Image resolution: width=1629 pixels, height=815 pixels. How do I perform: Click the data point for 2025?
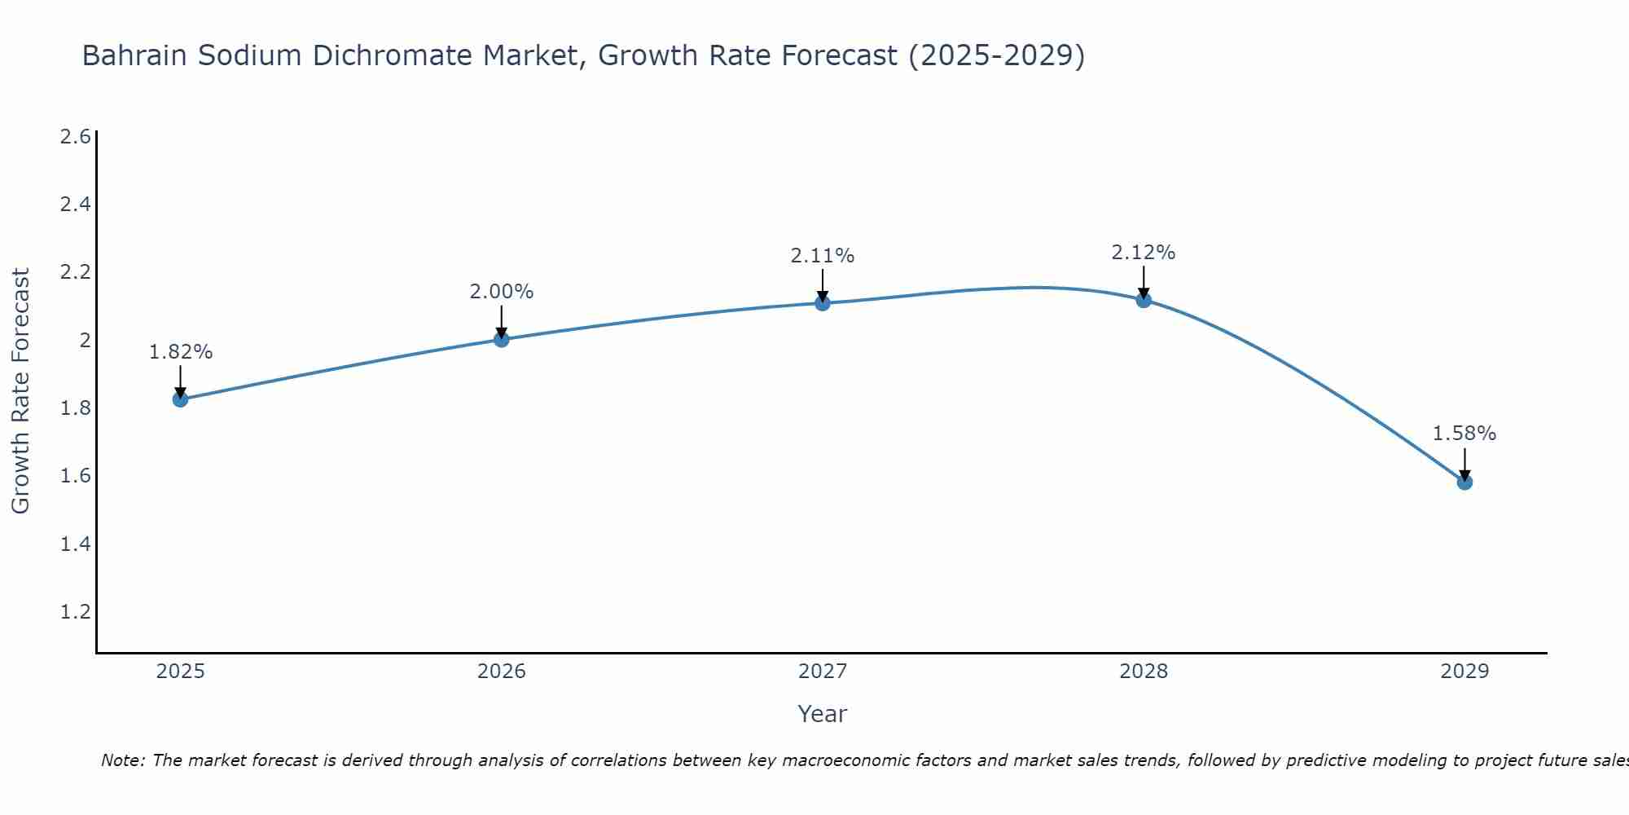[180, 399]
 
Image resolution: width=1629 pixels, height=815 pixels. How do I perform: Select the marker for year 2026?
[502, 339]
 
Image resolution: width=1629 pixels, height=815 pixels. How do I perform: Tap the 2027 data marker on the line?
[823, 303]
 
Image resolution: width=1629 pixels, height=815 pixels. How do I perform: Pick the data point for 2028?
[1144, 300]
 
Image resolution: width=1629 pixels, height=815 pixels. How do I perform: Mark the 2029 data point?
[1464, 482]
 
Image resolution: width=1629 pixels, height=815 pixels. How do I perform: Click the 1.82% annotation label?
[181, 352]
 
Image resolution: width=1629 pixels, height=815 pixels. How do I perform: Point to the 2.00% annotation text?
[502, 292]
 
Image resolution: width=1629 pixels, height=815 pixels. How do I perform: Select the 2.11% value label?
[823, 256]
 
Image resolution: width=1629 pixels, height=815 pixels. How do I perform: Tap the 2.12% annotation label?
[1144, 253]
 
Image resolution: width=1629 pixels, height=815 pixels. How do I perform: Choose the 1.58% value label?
[1464, 434]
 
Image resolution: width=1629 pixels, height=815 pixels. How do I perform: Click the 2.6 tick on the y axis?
[75, 136]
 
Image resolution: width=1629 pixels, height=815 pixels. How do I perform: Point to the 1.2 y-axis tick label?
[75, 611]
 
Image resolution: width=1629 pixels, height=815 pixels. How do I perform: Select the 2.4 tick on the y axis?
[75, 204]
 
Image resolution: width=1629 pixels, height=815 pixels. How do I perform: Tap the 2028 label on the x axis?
[1144, 672]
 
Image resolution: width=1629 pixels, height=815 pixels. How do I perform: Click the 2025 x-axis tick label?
[180, 672]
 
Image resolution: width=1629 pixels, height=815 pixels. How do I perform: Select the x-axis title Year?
[823, 714]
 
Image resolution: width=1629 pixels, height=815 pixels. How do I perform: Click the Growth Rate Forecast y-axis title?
[20, 391]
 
